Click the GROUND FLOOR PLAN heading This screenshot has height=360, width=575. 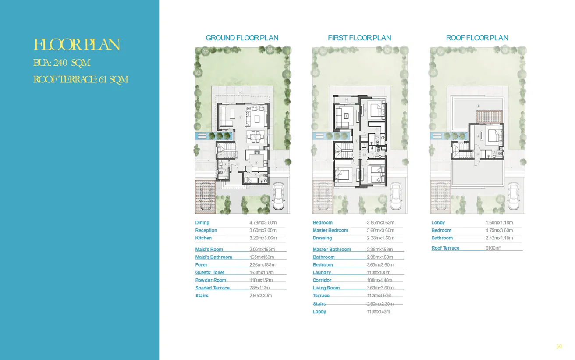click(x=242, y=38)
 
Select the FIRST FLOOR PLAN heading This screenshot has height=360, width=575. click(x=359, y=38)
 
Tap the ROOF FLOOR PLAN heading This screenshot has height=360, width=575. click(x=477, y=38)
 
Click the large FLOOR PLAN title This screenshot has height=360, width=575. click(x=77, y=45)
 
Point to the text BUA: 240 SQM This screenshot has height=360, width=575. click(x=62, y=63)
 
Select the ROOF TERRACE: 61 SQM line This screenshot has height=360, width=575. click(x=81, y=80)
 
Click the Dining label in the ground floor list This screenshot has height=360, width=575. click(x=202, y=223)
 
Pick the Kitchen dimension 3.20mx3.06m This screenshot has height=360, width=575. click(x=263, y=238)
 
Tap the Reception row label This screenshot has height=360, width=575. click(x=206, y=231)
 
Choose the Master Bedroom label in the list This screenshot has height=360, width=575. click(x=330, y=231)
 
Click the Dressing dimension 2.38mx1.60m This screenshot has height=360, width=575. click(x=380, y=238)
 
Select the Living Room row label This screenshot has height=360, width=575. click(x=326, y=288)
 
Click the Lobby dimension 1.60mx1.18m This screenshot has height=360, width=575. click(x=499, y=223)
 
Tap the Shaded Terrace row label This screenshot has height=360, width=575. click(x=213, y=288)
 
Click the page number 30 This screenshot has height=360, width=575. click(x=559, y=346)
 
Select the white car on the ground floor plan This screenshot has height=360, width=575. click(x=278, y=196)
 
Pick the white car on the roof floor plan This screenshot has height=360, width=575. click(x=514, y=196)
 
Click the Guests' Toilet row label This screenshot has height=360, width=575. click(x=210, y=273)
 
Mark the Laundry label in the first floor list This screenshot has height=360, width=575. click(x=322, y=273)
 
